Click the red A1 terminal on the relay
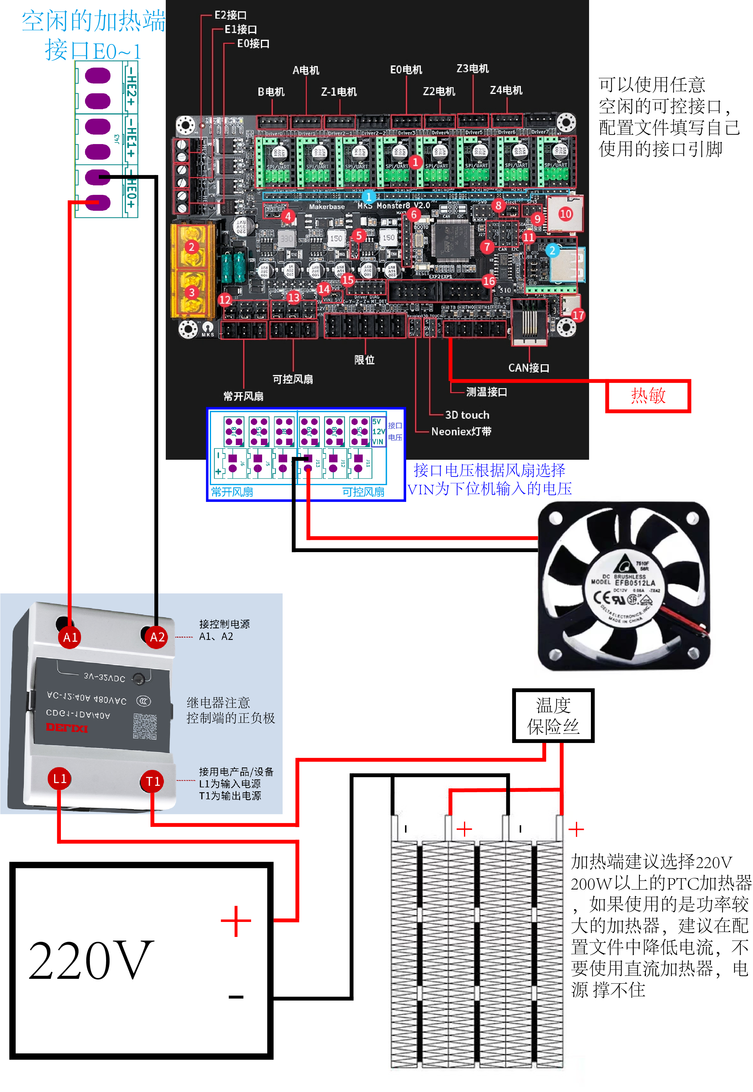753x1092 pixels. [70, 637]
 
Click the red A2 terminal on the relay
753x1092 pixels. [157, 637]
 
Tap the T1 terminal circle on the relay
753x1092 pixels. [152, 782]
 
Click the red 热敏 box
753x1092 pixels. [648, 396]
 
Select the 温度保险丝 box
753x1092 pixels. [553, 715]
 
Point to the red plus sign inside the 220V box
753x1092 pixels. [236, 921]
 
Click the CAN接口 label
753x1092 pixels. [529, 368]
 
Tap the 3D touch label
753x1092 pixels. [467, 415]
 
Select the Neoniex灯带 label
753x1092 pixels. [461, 431]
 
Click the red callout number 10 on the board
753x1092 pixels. [565, 214]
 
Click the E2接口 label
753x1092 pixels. [230, 15]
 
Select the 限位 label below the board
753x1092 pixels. [364, 360]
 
